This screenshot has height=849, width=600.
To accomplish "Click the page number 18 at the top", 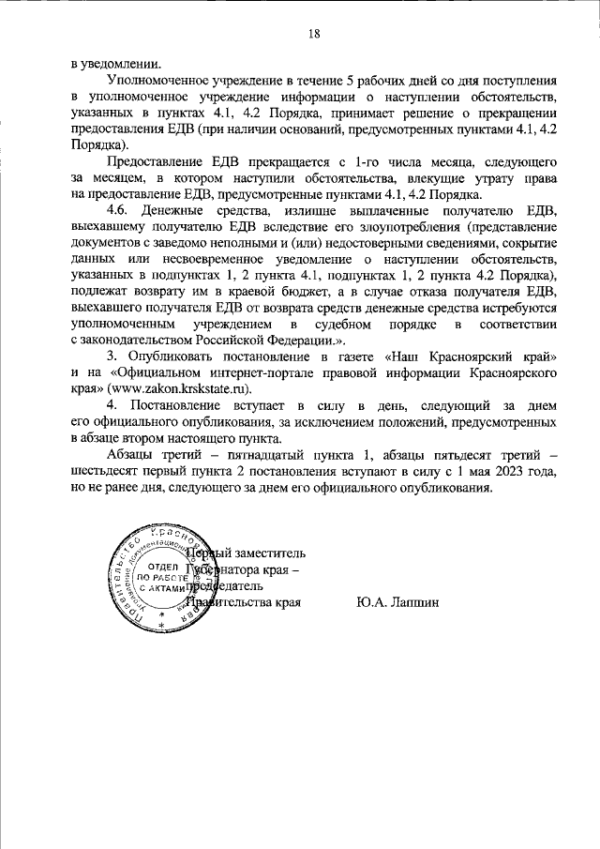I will tap(313, 34).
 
